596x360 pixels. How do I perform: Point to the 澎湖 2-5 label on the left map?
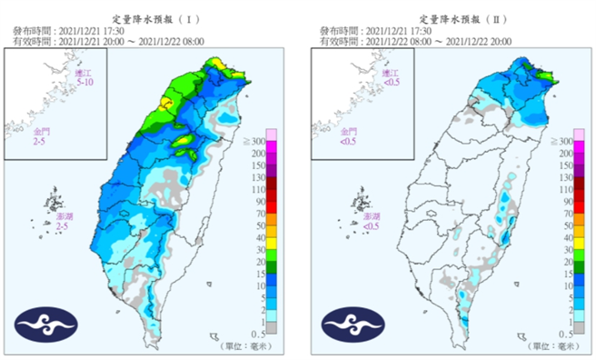pyautogui.click(x=64, y=221)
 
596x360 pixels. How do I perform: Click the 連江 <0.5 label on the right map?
pyautogui.click(x=392, y=76)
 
